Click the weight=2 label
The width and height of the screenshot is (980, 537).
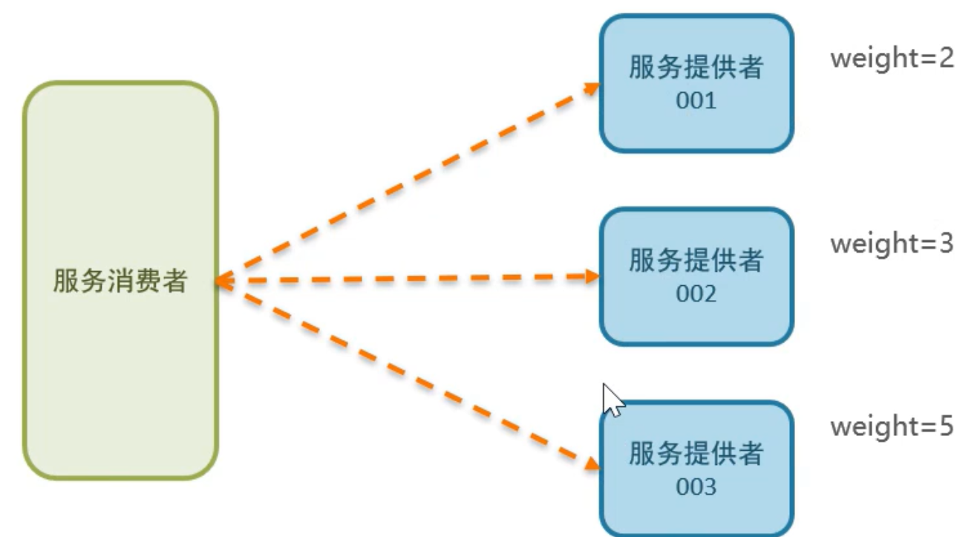[x=892, y=58]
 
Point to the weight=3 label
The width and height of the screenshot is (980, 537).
[x=892, y=243]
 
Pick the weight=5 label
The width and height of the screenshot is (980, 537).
[x=892, y=427]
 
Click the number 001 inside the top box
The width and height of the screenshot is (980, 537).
[x=696, y=101]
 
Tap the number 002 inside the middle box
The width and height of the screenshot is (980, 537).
[x=696, y=294]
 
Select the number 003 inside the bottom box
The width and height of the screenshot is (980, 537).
[x=696, y=487]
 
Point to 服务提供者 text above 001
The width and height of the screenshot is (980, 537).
[x=696, y=68]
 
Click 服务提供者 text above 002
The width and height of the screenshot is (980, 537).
[x=696, y=261]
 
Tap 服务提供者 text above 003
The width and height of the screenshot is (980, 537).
[x=696, y=454]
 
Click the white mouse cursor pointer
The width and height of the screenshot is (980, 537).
[x=612, y=400]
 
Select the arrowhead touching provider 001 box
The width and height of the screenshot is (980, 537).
[x=592, y=88]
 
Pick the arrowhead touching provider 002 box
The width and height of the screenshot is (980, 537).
[x=592, y=276]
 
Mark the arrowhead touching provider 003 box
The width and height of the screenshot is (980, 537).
[x=592, y=463]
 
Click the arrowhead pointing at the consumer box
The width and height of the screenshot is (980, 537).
[x=221, y=281]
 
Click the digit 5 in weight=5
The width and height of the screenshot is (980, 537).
[x=944, y=427]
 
